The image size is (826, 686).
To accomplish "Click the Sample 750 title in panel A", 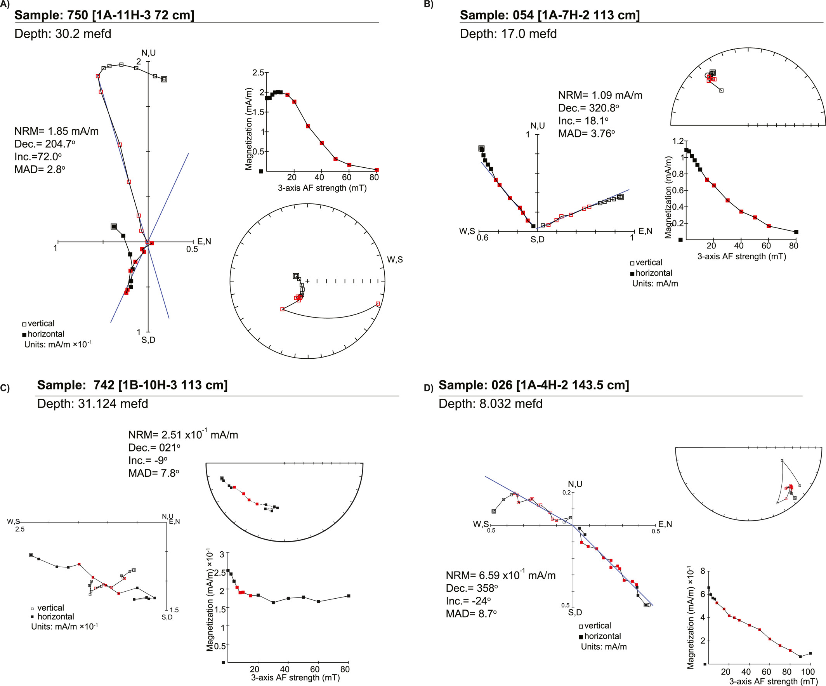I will (104, 15).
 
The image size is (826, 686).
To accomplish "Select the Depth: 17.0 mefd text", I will (508, 34).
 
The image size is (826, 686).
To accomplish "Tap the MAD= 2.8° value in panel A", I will (40, 170).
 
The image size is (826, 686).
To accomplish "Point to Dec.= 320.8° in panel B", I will (588, 108).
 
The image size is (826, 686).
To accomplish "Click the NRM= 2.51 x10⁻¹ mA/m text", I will (183, 435).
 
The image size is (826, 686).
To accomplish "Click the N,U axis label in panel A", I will (148, 53).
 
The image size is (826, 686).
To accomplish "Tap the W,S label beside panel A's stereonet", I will (395, 260).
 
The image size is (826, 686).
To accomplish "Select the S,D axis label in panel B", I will (537, 240).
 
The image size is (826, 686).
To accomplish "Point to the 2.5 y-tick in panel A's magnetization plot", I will (258, 73).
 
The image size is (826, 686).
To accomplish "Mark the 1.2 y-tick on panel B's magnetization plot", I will (678, 141).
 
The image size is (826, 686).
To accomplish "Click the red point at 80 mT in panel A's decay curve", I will (377, 170).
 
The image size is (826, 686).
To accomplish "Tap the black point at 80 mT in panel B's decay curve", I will (796, 232).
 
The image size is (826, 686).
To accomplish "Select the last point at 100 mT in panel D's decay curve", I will (810, 653).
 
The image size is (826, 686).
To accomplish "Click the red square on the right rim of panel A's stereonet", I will (378, 304).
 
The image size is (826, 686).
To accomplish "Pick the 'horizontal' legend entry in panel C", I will (56, 617).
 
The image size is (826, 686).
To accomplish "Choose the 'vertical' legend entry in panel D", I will (597, 625).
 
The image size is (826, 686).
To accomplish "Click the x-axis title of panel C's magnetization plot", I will (295, 677).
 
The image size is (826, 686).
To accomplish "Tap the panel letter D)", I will (429, 388).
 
